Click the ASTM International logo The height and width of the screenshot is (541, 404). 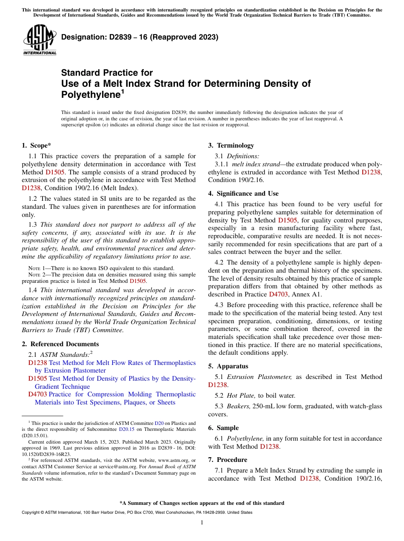pos(40,40)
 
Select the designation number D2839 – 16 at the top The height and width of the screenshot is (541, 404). pos(139,37)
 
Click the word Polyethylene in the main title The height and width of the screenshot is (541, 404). pos(91,95)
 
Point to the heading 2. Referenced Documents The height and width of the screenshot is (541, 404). pos(60,344)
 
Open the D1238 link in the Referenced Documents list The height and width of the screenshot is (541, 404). pos(37,363)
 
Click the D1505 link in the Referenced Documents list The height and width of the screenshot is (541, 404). pos(37,379)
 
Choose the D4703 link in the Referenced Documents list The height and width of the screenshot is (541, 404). pos(37,394)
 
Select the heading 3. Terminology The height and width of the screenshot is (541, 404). pos(231,145)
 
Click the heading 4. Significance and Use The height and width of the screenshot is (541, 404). pos(243,194)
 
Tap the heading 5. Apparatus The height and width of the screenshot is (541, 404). pos(228,366)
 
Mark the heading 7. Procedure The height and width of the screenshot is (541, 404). pos(228,460)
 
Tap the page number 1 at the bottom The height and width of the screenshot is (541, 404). pos(202,523)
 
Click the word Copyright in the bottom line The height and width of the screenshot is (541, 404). pos(32,513)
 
